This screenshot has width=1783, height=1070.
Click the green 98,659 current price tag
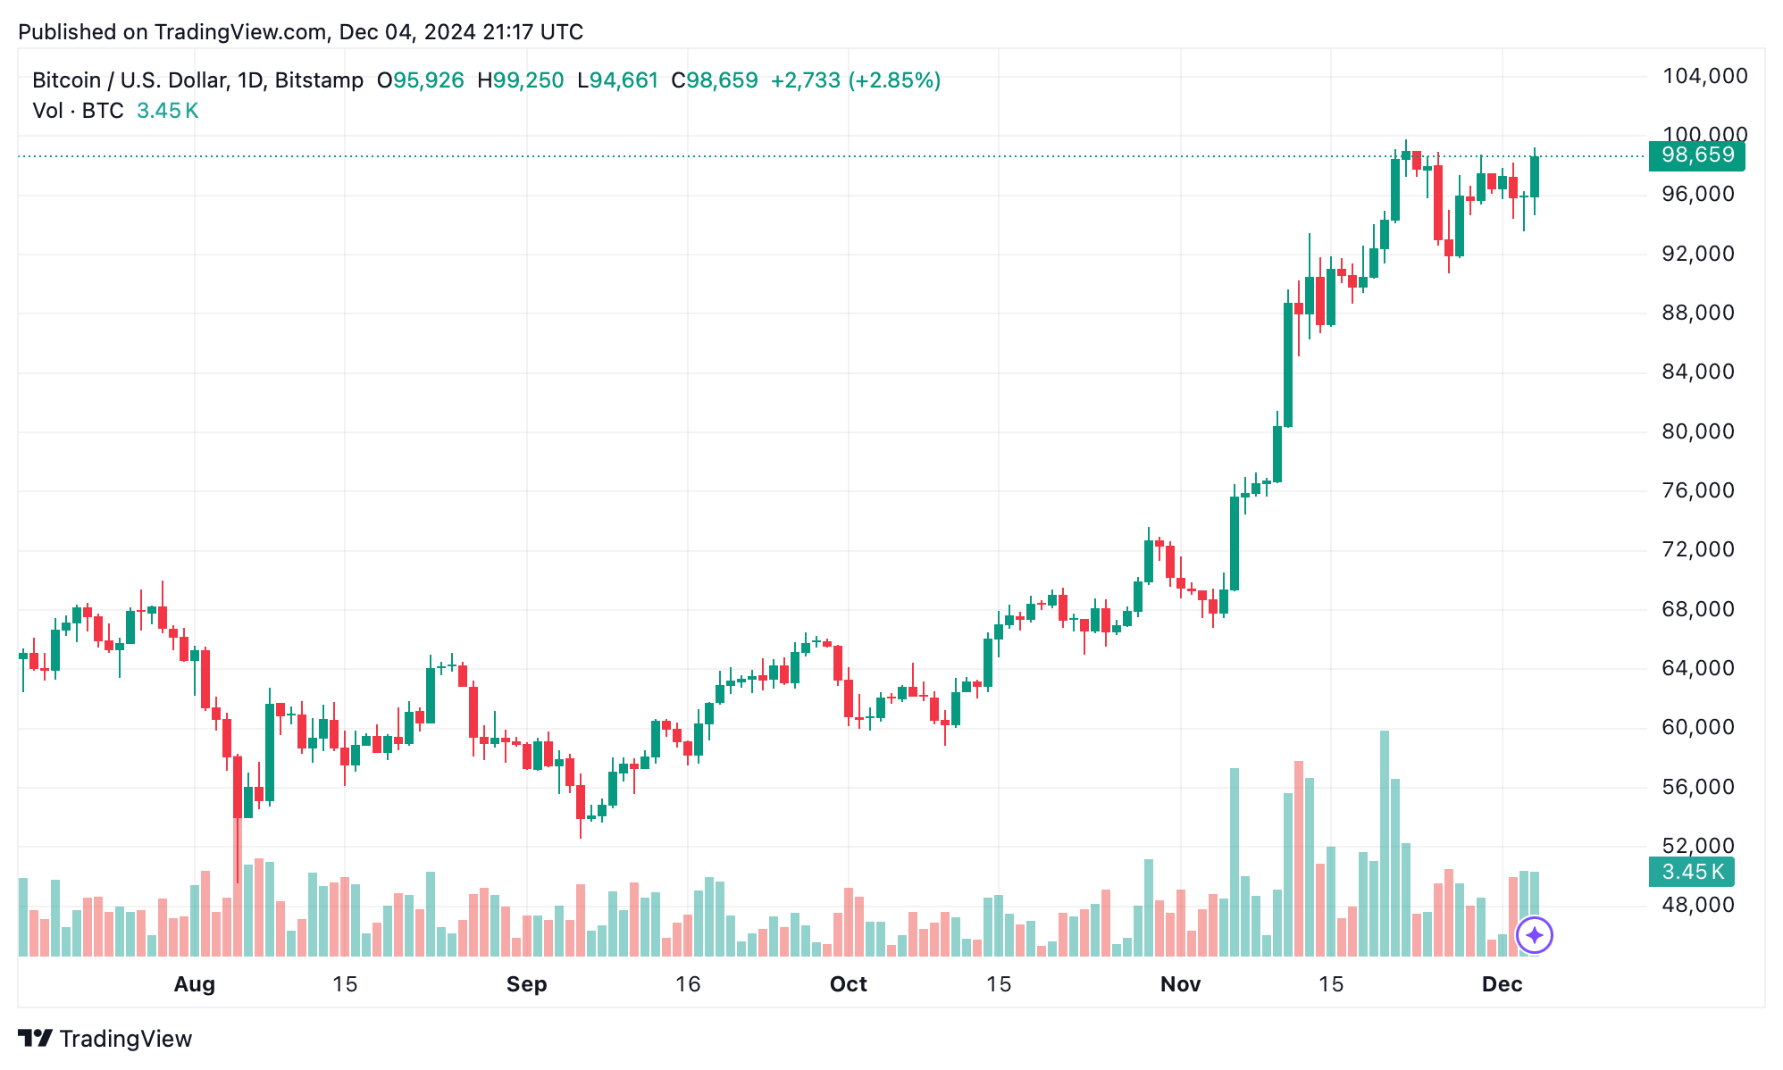click(1696, 155)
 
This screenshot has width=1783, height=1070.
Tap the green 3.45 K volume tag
click(1691, 872)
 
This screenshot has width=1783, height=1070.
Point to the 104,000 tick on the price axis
click(1704, 77)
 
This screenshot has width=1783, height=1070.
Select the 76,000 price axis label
click(1697, 490)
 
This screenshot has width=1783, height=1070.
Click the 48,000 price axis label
click(1697, 905)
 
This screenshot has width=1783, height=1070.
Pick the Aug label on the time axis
click(194, 984)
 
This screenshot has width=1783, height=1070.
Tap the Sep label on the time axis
click(526, 984)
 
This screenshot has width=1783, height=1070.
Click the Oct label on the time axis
click(848, 984)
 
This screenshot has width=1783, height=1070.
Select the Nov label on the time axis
click(1180, 984)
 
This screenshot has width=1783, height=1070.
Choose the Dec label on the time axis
click(1502, 984)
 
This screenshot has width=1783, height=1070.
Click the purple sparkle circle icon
click(1534, 935)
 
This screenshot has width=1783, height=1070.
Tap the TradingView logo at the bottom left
click(105, 1039)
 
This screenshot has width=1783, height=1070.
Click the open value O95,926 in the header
click(420, 80)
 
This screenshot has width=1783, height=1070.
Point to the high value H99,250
click(521, 80)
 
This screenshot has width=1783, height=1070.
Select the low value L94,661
click(618, 80)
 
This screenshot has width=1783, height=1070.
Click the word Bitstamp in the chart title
click(319, 80)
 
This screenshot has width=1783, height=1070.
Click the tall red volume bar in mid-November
click(1299, 857)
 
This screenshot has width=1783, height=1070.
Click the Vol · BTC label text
click(78, 111)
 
